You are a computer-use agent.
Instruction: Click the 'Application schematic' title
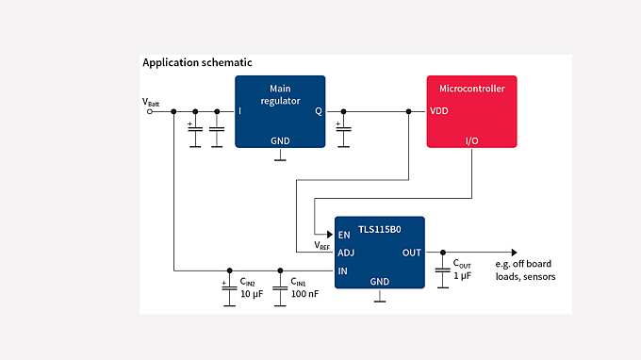pos(197,62)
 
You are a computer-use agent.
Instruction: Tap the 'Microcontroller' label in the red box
pos(471,89)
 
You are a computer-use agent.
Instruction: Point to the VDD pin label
pos(439,110)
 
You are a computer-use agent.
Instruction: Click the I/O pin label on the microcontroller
pos(471,139)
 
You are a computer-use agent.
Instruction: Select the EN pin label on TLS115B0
pos(344,235)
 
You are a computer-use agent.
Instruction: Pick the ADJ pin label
pos(346,253)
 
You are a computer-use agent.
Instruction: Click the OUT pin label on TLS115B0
pos(411,253)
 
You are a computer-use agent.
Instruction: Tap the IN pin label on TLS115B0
pos(343,271)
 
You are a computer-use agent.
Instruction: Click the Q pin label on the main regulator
pos(318,110)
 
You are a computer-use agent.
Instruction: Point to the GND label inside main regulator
pos(280,140)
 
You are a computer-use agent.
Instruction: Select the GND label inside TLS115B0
pos(379,281)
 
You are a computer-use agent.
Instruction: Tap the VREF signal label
pos(322,246)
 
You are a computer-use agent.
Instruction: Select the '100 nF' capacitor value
pos(304,295)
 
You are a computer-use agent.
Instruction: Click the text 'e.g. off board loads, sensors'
pos(525,270)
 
